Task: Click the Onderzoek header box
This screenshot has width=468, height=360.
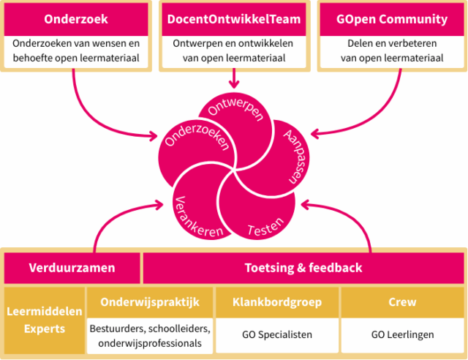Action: (76, 19)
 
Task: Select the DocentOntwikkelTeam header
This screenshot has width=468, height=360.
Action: (233, 19)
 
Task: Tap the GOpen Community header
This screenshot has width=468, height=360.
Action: (393, 19)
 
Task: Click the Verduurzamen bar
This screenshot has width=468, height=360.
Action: (72, 268)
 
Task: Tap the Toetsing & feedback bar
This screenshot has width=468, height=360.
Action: (303, 268)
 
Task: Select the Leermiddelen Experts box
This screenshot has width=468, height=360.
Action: (44, 320)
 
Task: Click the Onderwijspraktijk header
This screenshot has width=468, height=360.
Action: (150, 301)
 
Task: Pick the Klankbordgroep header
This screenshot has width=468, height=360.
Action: (276, 301)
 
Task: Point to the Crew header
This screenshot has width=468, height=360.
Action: (402, 301)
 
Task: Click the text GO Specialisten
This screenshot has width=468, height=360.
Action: (276, 334)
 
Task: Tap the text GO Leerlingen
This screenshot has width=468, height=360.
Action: (402, 334)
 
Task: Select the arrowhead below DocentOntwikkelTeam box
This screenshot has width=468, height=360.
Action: (234, 83)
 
